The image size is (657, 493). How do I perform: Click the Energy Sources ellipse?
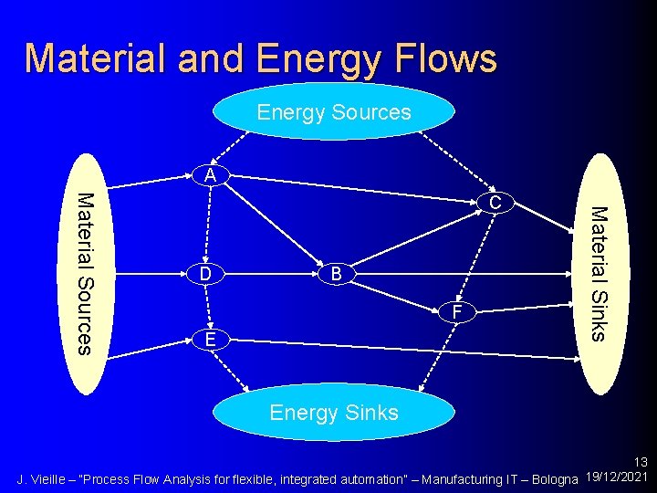333,112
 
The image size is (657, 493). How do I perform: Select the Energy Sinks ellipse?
333,413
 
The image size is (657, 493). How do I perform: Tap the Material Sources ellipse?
84,274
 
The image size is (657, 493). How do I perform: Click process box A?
211,175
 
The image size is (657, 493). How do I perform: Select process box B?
336,274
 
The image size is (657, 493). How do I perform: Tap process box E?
211,340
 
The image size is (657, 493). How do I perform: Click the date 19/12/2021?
617,477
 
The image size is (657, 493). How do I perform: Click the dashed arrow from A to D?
209,224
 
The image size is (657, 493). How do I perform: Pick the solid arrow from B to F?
397,294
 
